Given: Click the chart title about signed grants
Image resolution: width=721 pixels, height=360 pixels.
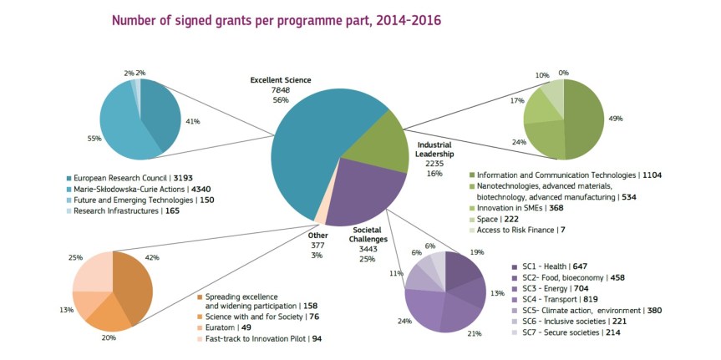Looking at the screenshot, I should pos(277,19).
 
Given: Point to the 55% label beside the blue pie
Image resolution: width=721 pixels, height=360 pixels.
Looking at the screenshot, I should pos(93,138).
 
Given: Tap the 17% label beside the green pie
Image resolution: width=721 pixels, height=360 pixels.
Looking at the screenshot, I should pos(518,101).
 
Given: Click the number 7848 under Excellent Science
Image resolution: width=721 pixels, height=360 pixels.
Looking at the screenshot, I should pos(281,89).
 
